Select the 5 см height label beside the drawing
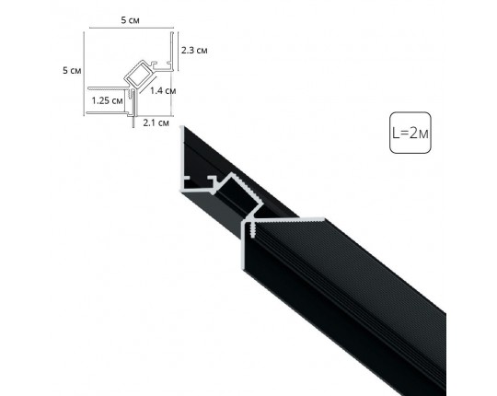tap(68, 72)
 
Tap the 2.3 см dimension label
tap(194, 49)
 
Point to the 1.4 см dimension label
tap(163, 90)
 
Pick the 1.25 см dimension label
tap(106, 100)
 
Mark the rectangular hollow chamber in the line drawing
tap(139, 75)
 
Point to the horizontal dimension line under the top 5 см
tap(130, 28)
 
